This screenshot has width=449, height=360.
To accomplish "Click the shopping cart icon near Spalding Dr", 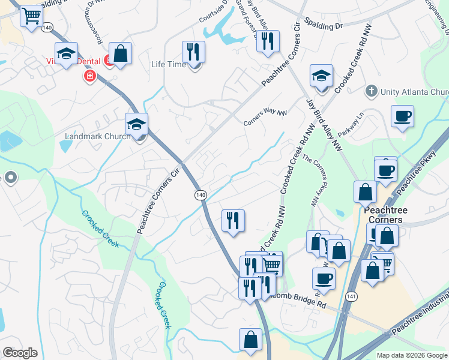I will tap(31, 16).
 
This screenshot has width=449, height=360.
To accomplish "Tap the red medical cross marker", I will tap(90, 76).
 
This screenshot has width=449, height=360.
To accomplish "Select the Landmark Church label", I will tap(97, 136).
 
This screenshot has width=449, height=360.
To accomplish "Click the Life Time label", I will tap(168, 64).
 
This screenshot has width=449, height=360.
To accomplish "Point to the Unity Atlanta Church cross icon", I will tap(371, 92).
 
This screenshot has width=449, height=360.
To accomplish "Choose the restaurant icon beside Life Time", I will tap(193, 52).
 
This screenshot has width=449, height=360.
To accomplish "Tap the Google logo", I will tap(20, 353).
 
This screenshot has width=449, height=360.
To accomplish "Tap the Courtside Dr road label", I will tap(214, 12).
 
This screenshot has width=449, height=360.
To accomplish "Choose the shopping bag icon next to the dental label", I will tap(121, 53).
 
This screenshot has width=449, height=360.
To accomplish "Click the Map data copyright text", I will tap(412, 355).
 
